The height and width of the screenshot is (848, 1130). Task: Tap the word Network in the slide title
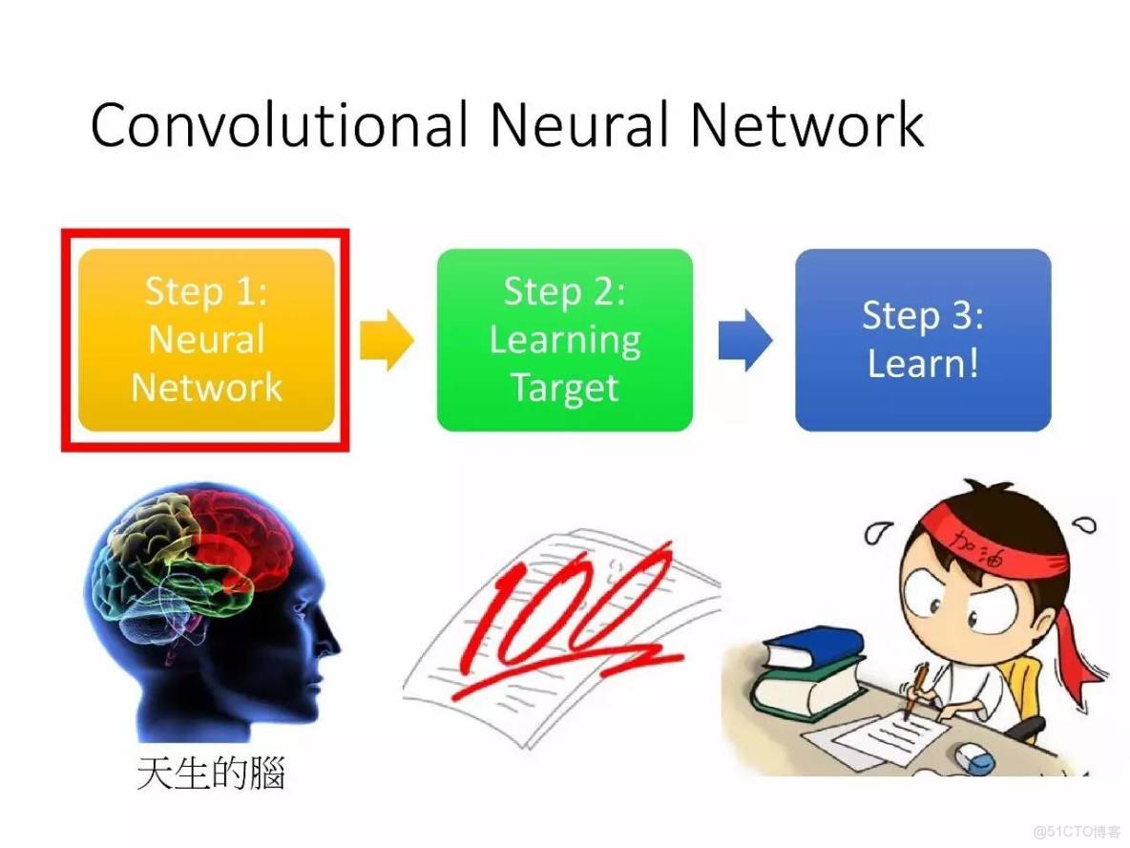pyautogui.click(x=807, y=125)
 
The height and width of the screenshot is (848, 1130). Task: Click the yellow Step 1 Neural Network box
pyautogui.click(x=206, y=339)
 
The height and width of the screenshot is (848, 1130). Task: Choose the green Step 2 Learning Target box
pyautogui.click(x=565, y=339)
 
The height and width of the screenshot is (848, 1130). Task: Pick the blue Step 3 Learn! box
pyautogui.click(x=923, y=339)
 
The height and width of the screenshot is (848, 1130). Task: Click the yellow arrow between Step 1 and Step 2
pyautogui.click(x=386, y=339)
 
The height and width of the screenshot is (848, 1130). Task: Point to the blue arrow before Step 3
pyautogui.click(x=744, y=339)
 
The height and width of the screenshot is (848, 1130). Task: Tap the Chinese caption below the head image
pyautogui.click(x=211, y=774)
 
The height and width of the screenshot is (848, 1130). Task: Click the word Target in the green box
pyautogui.click(x=565, y=388)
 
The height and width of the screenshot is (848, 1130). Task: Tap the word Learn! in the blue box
pyautogui.click(x=923, y=364)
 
